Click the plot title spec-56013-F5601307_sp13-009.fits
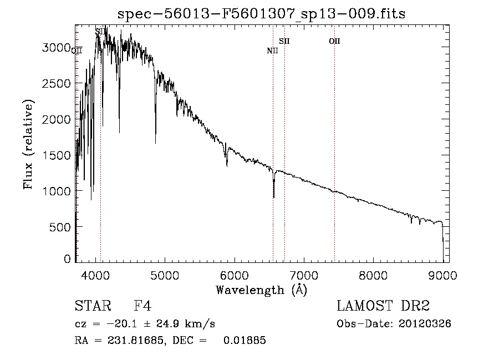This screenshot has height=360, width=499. [x=261, y=13]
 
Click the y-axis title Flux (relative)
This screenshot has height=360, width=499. [x=28, y=145]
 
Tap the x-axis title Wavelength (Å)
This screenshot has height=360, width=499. [x=261, y=290]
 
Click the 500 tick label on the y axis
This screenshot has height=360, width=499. [x=60, y=227]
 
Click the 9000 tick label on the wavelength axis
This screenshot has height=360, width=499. [x=442, y=274]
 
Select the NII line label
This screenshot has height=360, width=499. [x=272, y=51]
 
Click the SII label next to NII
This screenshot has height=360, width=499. [x=284, y=41]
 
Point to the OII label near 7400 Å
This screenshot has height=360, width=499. [x=334, y=41]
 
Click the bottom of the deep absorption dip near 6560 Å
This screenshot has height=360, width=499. [x=274, y=197]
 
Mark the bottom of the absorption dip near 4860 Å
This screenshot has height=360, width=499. [x=155, y=143]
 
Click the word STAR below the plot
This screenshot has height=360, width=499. [x=92, y=306]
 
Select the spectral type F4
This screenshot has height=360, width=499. [x=142, y=306]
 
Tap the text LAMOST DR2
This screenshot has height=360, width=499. [x=383, y=306]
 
